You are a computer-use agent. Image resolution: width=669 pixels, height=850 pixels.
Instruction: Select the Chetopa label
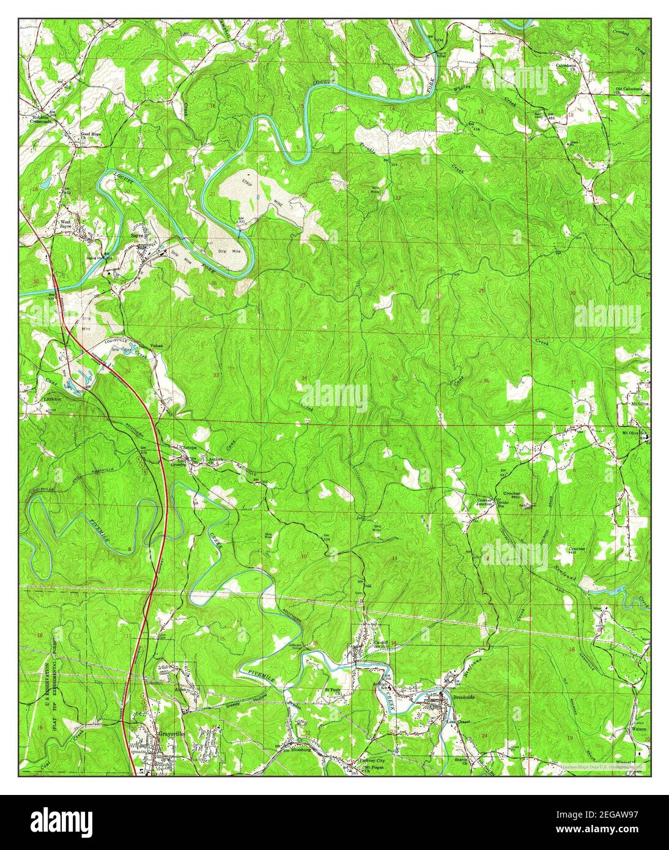[188, 447]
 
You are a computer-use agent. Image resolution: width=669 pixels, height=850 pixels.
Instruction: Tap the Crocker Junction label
[484, 503]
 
